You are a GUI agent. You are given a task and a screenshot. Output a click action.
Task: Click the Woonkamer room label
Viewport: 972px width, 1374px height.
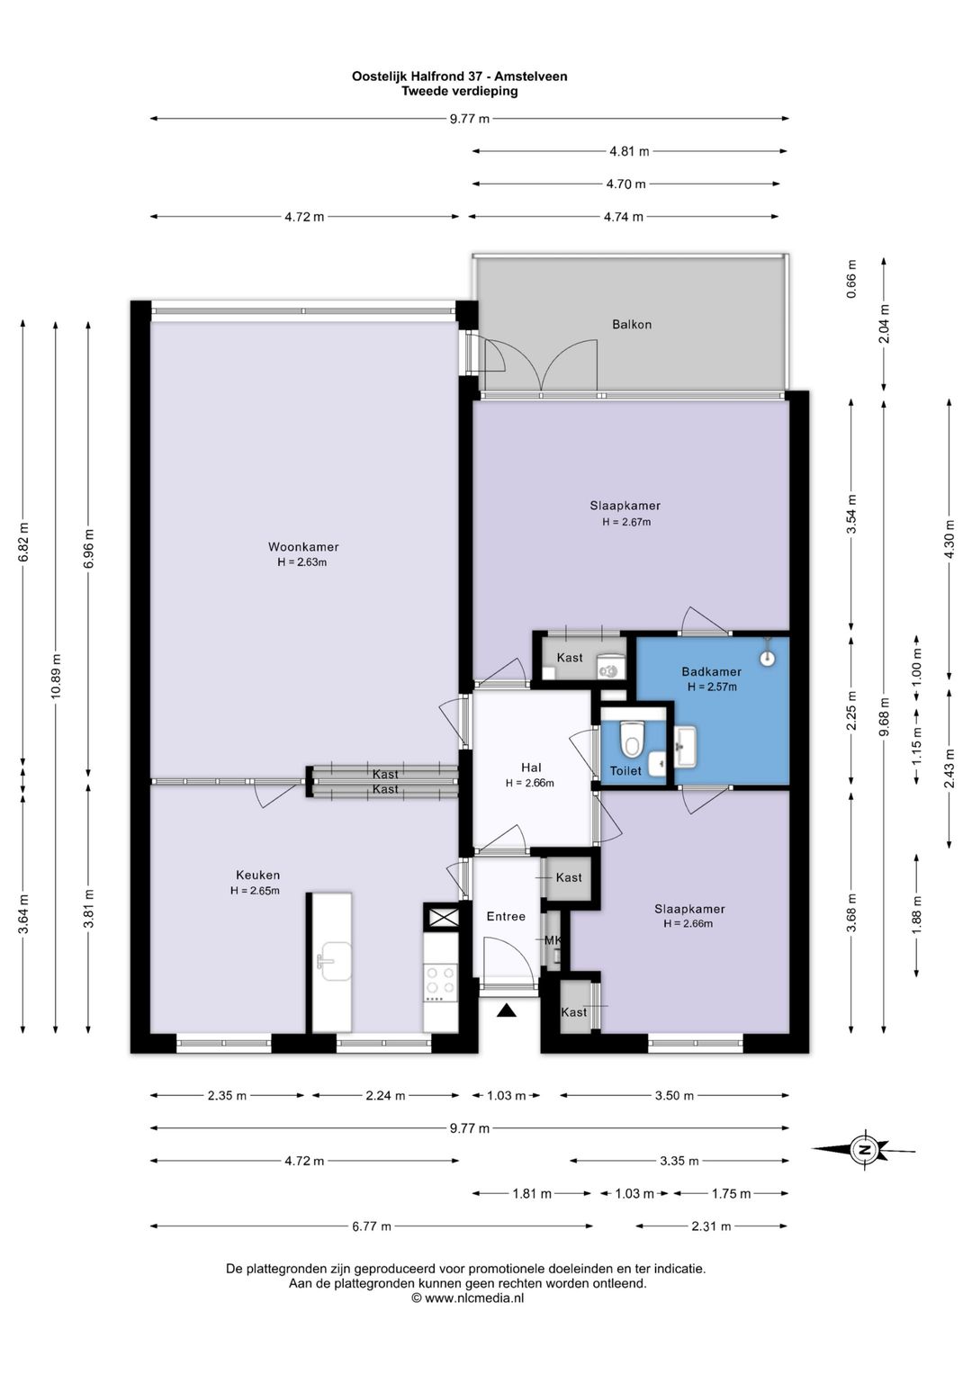tap(303, 546)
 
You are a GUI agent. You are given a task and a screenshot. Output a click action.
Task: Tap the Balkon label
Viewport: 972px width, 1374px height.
tap(632, 325)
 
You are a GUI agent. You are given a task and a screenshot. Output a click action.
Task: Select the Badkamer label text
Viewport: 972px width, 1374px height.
tap(711, 671)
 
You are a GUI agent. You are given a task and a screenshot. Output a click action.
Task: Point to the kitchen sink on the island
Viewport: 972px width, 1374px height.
tap(334, 962)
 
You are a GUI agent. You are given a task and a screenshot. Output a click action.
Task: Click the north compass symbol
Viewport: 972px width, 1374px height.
tap(864, 1149)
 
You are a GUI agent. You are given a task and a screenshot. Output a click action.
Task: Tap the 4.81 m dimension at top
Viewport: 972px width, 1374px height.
tap(629, 151)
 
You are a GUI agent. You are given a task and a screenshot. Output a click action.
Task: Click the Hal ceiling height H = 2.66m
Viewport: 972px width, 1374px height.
tap(529, 784)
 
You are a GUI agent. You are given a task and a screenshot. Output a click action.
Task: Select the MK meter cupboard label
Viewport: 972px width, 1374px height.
tap(553, 940)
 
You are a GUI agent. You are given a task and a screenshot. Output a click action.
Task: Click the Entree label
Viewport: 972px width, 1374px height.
tap(506, 916)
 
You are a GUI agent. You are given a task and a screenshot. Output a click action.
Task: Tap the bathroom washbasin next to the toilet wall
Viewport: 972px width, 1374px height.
tap(685, 747)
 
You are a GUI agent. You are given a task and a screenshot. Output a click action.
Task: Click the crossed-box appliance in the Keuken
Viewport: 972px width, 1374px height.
tap(441, 918)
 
